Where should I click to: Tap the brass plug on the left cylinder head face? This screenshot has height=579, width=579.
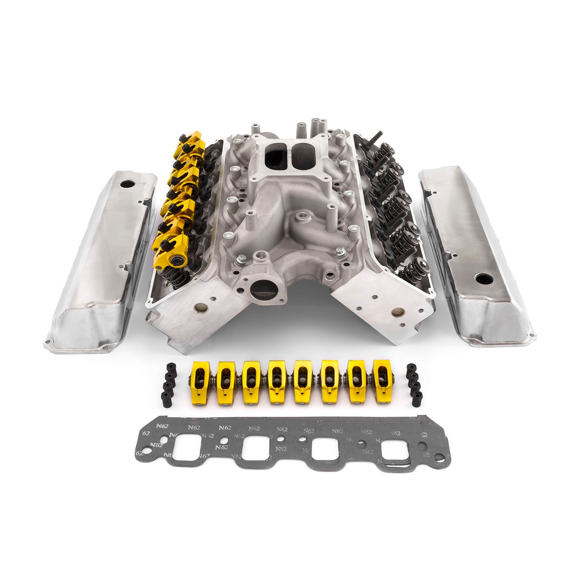pyautogui.click(x=198, y=308)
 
